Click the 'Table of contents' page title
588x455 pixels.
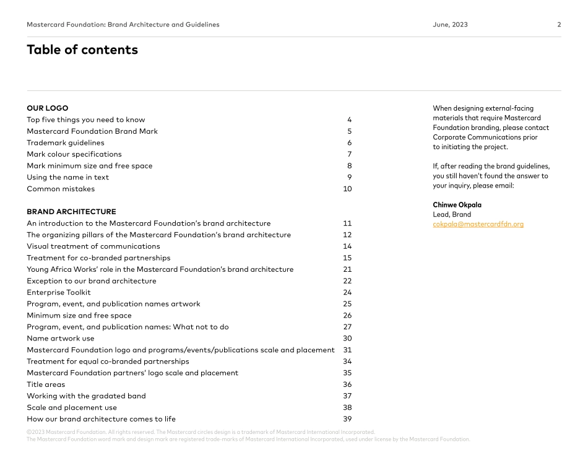tap(82, 50)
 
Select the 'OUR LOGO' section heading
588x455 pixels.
tap(48, 108)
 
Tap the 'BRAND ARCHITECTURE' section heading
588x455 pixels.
tap(71, 212)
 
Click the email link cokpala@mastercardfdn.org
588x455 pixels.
tap(478, 224)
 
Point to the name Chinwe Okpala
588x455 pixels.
tap(457, 205)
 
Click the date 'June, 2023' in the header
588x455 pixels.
tap(450, 25)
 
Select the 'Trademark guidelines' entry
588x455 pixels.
tap(66, 143)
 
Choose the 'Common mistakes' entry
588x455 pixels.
tap(61, 189)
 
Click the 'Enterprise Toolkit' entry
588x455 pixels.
tap(59, 292)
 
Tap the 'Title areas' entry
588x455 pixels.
tap(46, 384)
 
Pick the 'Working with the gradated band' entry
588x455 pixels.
tap(86, 396)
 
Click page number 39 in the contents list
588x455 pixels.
tap(347, 419)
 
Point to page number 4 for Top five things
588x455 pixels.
tap(349, 119)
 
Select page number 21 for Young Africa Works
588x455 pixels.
tap(347, 269)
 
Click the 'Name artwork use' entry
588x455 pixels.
tap(61, 339)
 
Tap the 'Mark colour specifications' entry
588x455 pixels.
tap(74, 154)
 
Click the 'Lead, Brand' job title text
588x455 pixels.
tap(452, 215)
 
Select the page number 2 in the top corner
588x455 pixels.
tap(559, 25)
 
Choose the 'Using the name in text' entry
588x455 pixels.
tap(67, 177)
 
